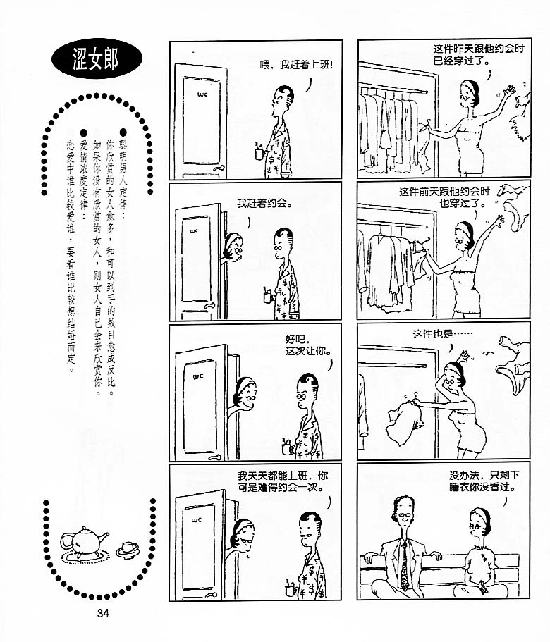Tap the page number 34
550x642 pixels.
103,613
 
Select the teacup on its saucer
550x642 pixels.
128,550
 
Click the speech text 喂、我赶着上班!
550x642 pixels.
296,65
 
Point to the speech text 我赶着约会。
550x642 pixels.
264,203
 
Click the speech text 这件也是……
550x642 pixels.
442,334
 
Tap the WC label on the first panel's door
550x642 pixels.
202,94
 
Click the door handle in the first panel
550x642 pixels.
218,168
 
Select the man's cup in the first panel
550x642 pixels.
260,152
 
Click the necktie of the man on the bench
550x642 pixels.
405,567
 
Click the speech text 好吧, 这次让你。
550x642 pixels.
308,345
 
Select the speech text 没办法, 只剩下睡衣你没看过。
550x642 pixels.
484,481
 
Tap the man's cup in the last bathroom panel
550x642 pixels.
291,588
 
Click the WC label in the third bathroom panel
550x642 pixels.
198,376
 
